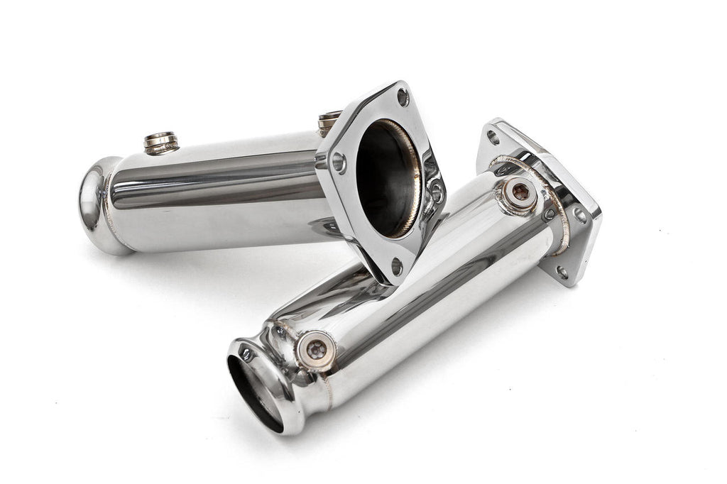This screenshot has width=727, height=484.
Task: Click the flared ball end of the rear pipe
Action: pos(99,202)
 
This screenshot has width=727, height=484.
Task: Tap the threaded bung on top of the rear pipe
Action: pos(161,141)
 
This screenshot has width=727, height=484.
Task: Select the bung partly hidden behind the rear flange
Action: pos(328,122)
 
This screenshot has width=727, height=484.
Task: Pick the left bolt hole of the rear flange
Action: pos(338,163)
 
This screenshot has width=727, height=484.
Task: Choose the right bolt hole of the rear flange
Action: pos(436,190)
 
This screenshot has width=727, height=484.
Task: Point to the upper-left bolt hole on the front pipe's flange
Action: pos(493,137)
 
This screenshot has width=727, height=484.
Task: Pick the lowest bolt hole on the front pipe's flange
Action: pos(562,271)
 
